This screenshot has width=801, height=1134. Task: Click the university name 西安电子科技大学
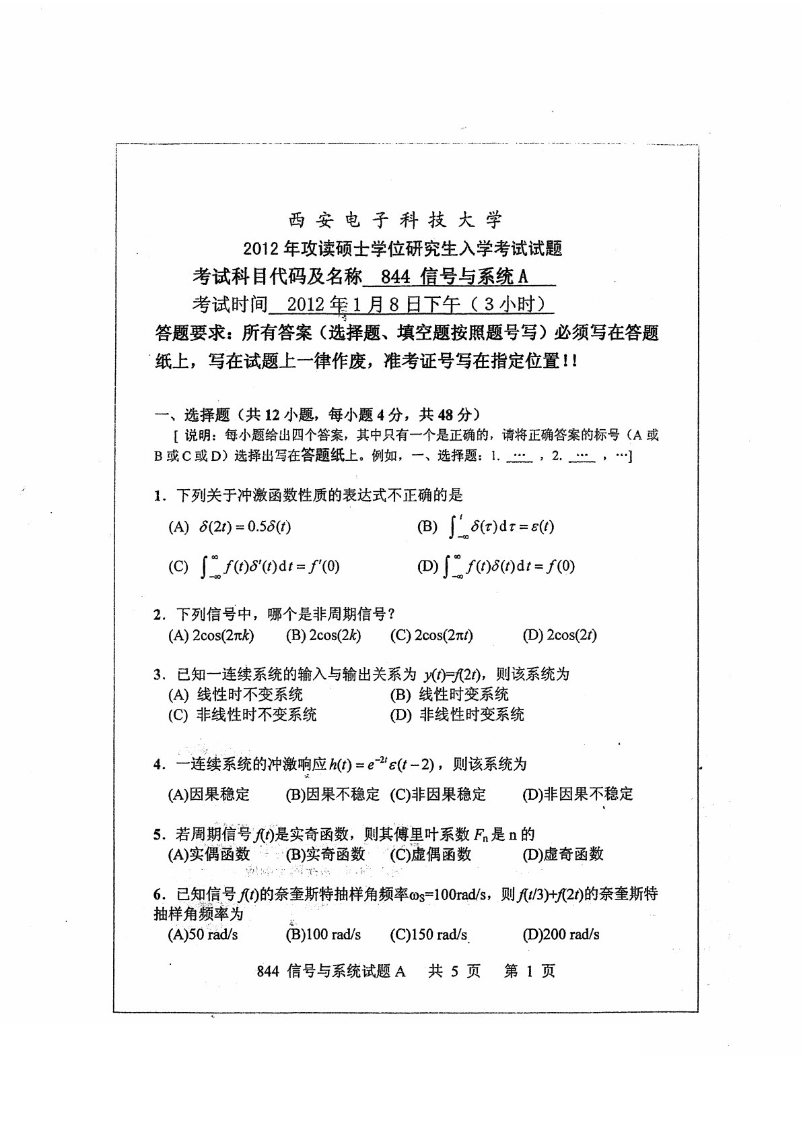(x=395, y=220)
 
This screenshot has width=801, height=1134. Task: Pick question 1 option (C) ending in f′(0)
(x=254, y=566)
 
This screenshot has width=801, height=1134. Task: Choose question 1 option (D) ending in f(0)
(x=496, y=566)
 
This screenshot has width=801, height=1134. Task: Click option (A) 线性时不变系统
(x=236, y=694)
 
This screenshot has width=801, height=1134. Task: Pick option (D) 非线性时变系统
(x=457, y=715)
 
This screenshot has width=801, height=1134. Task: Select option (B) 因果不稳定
(x=333, y=794)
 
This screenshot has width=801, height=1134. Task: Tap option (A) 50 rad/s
(x=203, y=935)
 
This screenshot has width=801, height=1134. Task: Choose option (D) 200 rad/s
(x=561, y=935)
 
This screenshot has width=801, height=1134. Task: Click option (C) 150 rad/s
(x=429, y=935)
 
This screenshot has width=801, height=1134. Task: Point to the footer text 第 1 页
(x=529, y=971)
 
